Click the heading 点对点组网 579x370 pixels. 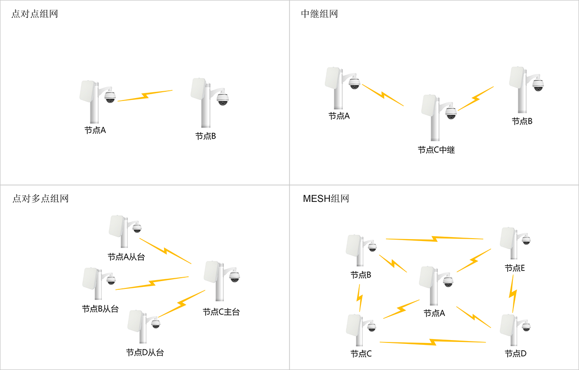point(34,14)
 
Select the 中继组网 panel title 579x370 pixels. point(319,14)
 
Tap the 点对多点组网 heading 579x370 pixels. point(41,199)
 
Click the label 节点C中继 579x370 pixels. point(436,150)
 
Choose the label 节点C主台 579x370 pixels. point(221,312)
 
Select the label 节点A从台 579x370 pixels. point(126,257)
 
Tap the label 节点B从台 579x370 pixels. point(100,309)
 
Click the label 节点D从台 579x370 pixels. point(145,353)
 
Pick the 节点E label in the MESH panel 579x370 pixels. point(514,268)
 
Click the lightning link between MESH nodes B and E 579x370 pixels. point(434,239)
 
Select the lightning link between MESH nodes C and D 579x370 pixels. point(433,342)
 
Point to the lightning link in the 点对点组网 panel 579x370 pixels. point(145,96)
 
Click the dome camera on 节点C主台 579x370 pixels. point(234,277)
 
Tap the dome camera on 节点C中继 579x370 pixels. point(451,113)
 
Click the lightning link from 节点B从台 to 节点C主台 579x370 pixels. point(152,283)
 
